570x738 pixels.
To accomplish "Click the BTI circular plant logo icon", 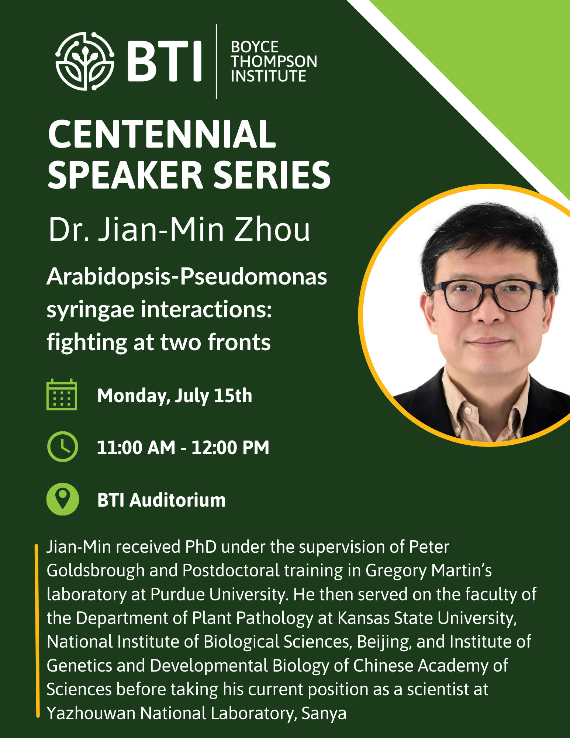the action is pos(85,61).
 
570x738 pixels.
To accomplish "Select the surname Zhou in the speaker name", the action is pos(272,230).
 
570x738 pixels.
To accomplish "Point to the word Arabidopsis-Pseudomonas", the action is pos(187,277).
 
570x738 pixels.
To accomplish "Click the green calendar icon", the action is pos(62,394).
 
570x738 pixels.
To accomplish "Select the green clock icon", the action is pos(63,446).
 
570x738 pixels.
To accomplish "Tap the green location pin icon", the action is pos(63,499).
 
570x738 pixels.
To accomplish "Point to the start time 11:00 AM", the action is pos(136,448).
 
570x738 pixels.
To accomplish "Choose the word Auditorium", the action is pos(177,500).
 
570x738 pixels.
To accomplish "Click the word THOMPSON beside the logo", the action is pos(274,62).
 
